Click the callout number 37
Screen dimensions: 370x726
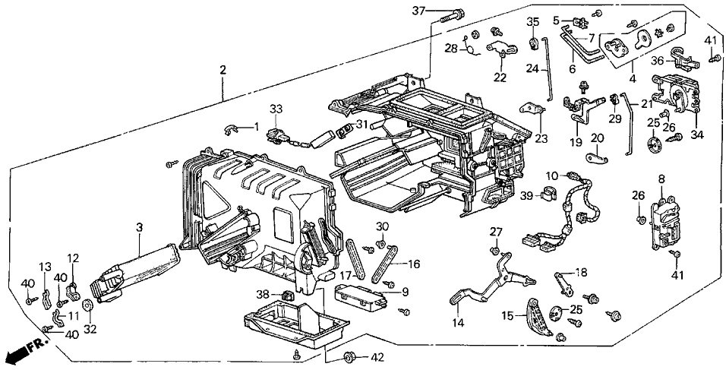(417, 10)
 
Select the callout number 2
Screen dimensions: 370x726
(223, 70)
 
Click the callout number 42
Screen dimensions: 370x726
(377, 357)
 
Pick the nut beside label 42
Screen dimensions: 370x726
(349, 357)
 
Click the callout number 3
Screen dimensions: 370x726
(139, 227)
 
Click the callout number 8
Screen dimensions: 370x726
(661, 179)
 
